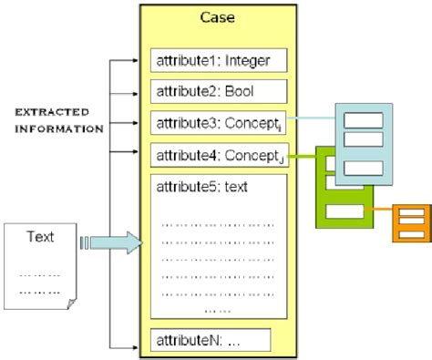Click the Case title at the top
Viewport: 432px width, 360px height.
214,18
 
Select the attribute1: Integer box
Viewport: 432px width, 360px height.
219,62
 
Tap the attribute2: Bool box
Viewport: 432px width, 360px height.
219,92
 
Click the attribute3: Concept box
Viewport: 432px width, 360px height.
219,122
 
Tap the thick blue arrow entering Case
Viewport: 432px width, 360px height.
114,242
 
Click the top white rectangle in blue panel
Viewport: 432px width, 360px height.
363,118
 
